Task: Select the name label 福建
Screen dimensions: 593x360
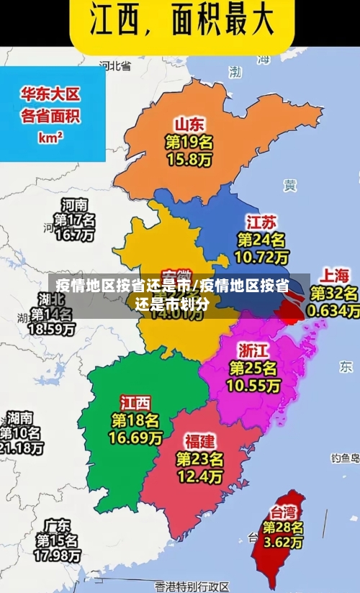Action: pyautogui.click(x=199, y=440)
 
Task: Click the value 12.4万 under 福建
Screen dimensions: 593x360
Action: pyautogui.click(x=199, y=476)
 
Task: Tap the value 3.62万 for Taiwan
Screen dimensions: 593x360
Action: pyautogui.click(x=283, y=543)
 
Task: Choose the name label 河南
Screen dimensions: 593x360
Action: pyautogui.click(x=74, y=204)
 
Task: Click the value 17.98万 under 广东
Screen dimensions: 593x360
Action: pyautogui.click(x=58, y=556)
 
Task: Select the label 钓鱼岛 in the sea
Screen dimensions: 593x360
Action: pyautogui.click(x=345, y=457)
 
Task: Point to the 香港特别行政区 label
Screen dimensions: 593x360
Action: pyautogui.click(x=192, y=587)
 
